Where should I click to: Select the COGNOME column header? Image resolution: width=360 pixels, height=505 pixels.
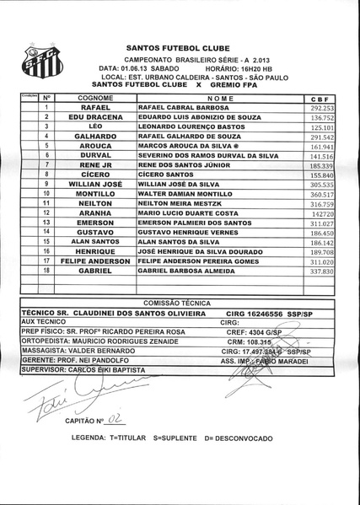tap(95, 99)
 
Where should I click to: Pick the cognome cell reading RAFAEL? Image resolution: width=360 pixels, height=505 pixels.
tap(95, 109)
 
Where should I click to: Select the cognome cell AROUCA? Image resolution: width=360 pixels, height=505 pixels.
tap(95, 146)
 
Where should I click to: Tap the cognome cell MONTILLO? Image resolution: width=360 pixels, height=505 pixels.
tap(95, 193)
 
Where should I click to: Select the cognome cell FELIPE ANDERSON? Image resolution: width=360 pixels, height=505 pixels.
tap(95, 261)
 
